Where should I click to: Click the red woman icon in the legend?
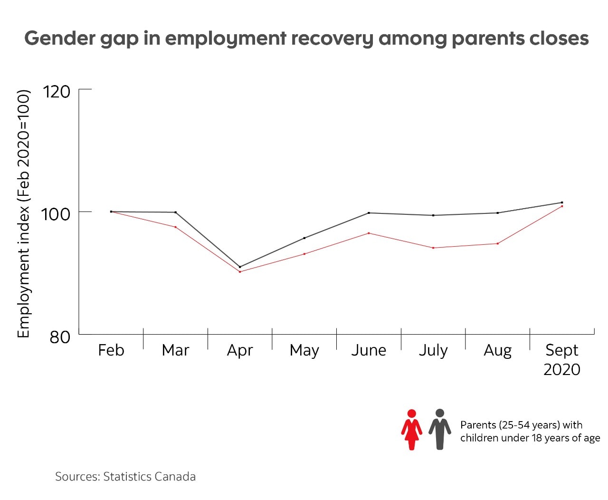point(411,430)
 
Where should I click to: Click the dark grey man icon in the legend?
point(440,429)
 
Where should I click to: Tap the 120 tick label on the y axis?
point(57,91)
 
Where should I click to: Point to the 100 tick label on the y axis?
point(56,214)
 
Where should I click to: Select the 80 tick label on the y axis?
point(60,337)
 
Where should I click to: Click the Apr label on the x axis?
point(240,350)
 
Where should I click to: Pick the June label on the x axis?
point(369,350)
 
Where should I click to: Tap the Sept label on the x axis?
point(562,350)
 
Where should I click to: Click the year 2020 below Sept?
point(562,369)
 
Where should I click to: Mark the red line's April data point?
point(240,272)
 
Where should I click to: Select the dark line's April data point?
point(240,267)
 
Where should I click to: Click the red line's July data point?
point(433,248)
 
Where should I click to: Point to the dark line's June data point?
point(369,213)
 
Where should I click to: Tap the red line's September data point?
point(562,206)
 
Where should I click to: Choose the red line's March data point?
point(176,227)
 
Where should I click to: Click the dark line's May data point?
point(304,238)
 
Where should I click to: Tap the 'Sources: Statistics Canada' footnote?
point(125,477)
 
